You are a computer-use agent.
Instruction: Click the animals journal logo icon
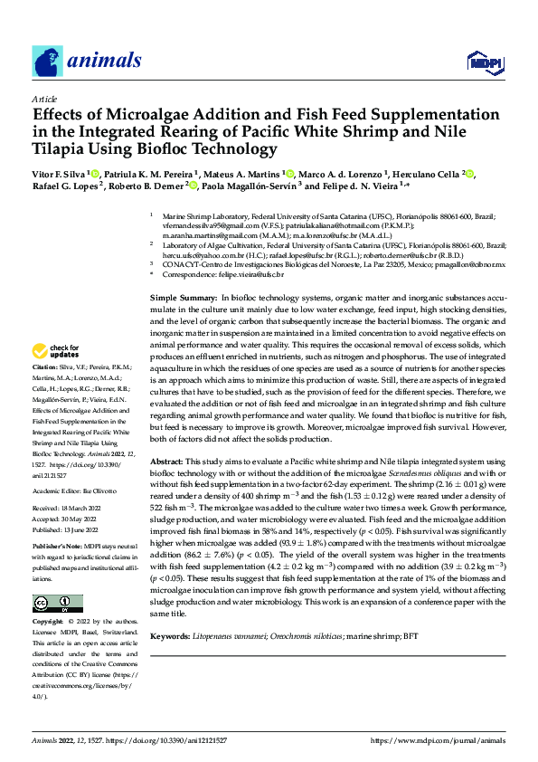[47, 62]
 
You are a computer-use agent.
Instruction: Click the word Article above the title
[44, 98]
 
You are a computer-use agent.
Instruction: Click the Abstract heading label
[168, 462]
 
